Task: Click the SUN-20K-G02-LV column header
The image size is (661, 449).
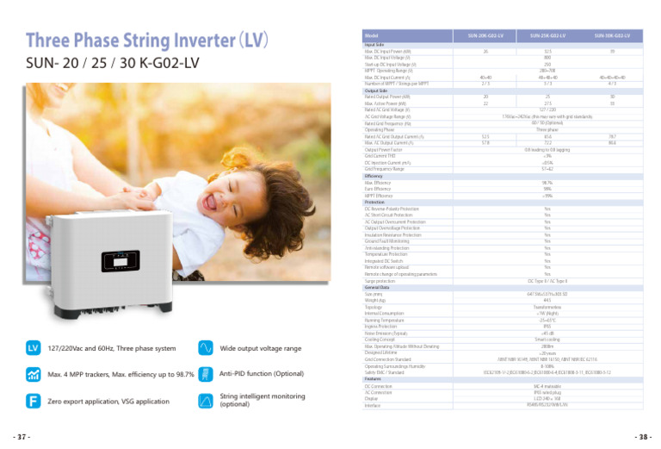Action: point(485,35)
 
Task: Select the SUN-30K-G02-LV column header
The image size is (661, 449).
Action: point(612,35)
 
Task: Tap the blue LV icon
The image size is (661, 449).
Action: point(34,347)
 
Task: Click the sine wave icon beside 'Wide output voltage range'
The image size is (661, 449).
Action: point(205,347)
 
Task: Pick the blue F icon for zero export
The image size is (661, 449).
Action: point(34,401)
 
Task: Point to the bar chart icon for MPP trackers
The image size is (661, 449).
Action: point(34,374)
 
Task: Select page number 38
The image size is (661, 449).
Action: point(639,437)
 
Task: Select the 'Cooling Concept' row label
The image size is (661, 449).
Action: point(379,340)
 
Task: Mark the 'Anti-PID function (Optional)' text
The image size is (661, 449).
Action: point(263,373)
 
